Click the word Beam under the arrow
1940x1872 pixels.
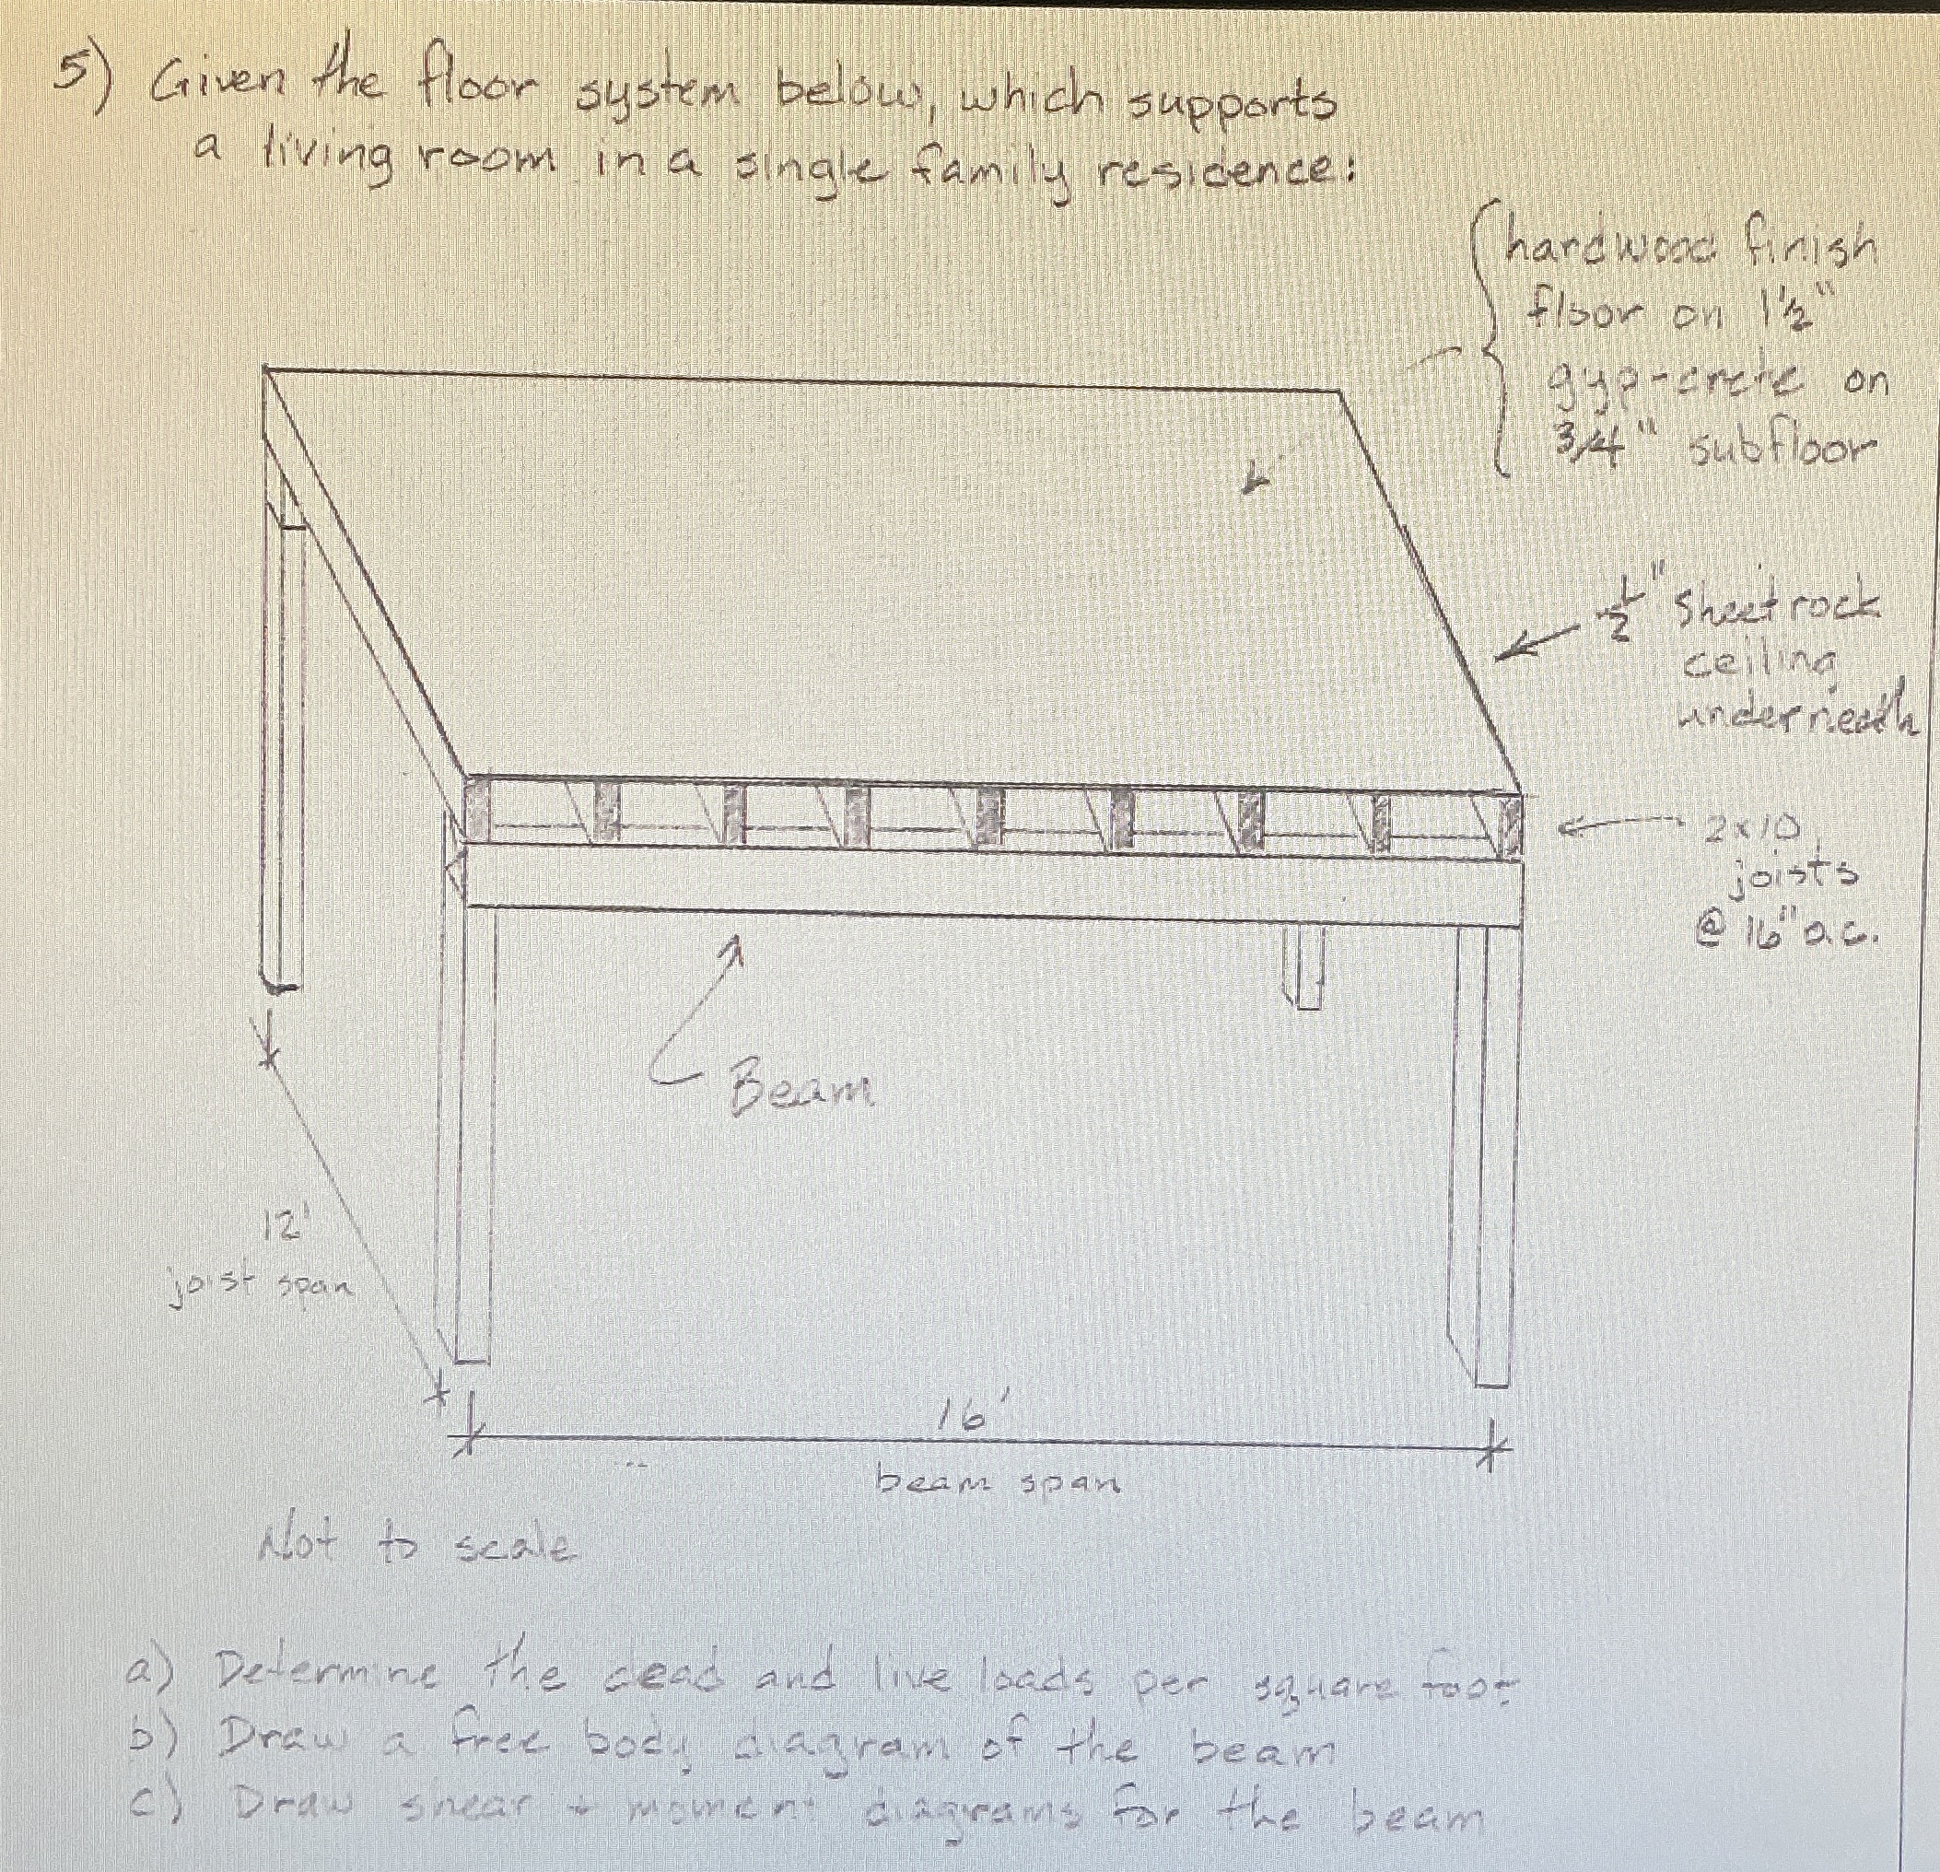pos(801,1089)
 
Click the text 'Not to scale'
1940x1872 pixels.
pos(414,1545)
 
